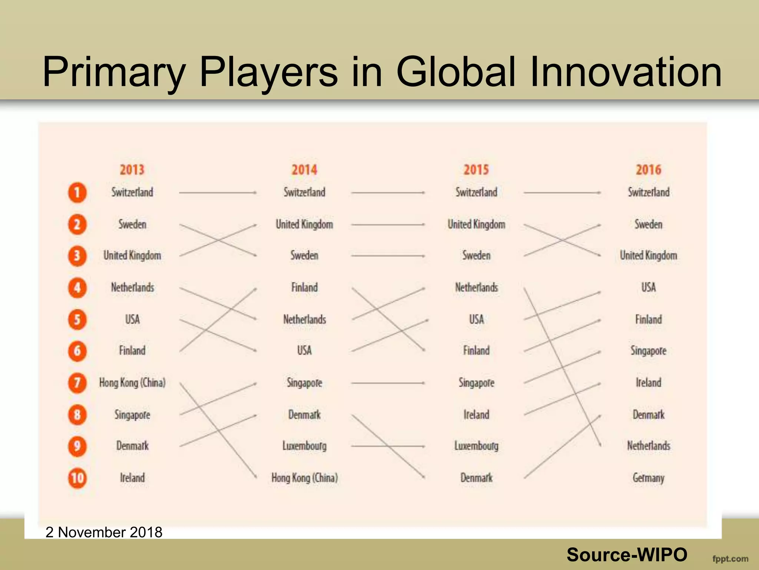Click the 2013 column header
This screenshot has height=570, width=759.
coord(132,170)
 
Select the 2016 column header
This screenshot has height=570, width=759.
coord(649,170)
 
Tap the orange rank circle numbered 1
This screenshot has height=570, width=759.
coord(77,193)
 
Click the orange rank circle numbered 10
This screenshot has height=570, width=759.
coord(77,478)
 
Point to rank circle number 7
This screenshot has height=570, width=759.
coord(77,383)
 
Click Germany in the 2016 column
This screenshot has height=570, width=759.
coord(649,478)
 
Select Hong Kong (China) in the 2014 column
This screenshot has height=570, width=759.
coord(305,478)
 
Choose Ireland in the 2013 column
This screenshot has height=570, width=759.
coord(132,478)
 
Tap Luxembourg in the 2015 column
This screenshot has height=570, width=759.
coord(477,446)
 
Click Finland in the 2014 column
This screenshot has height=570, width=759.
coord(305,288)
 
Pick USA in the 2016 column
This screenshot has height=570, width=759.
coord(649,288)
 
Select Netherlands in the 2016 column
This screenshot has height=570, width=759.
coord(649,446)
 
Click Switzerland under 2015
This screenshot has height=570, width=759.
coord(477,193)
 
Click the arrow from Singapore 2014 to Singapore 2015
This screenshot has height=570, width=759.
coord(388,383)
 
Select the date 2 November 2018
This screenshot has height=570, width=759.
coord(104,533)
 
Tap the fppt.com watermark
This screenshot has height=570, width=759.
coord(730,559)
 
